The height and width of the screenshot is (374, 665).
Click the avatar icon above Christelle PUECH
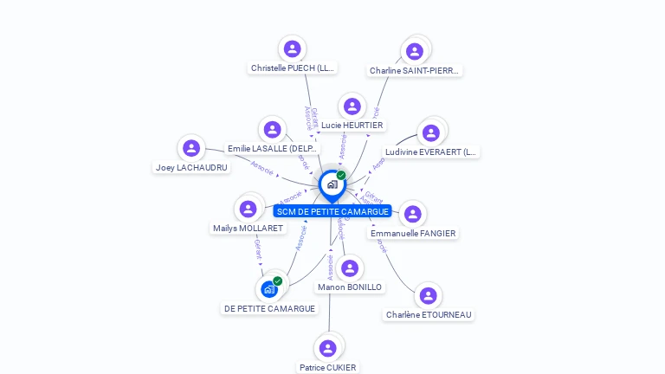(x=292, y=48)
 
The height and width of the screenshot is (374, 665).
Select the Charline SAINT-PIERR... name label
(x=415, y=71)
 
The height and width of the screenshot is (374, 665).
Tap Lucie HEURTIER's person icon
(x=352, y=106)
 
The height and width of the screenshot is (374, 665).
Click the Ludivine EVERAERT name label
(x=431, y=152)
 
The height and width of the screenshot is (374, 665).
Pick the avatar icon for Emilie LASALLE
(x=273, y=130)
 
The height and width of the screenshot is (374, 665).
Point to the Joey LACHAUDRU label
(x=191, y=167)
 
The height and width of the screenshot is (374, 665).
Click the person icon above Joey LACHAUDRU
(x=191, y=148)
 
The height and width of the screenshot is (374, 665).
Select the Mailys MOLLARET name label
(x=248, y=229)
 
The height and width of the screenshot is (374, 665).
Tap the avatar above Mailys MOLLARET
(x=248, y=209)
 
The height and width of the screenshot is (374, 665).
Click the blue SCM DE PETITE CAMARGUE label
(x=332, y=212)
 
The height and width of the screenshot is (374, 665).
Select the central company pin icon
(x=332, y=184)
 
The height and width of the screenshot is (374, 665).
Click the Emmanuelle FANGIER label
(x=413, y=234)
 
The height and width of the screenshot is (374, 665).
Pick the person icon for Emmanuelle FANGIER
(x=413, y=214)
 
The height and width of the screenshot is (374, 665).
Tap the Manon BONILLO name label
(x=350, y=287)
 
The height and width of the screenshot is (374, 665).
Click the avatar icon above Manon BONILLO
(x=350, y=268)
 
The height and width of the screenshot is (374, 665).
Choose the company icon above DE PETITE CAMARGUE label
(x=269, y=289)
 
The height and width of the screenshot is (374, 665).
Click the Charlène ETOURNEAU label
(x=429, y=315)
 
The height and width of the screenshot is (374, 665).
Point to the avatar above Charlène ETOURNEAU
(x=428, y=295)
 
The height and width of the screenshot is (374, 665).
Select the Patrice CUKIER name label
(x=327, y=367)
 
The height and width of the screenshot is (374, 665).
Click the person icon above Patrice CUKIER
(x=327, y=348)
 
